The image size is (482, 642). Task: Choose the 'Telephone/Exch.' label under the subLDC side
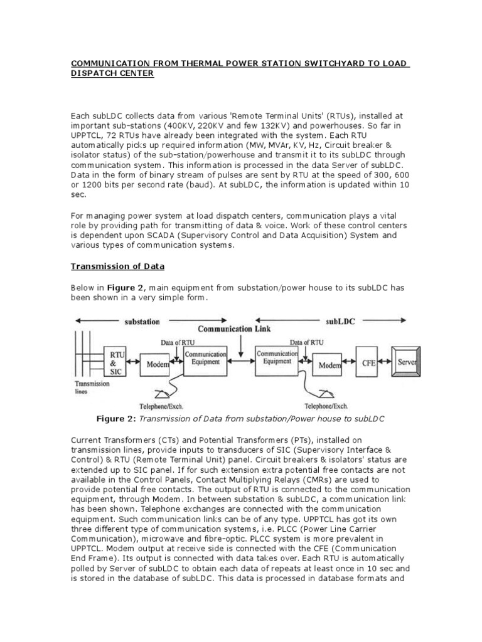pyautogui.click(x=326, y=406)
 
